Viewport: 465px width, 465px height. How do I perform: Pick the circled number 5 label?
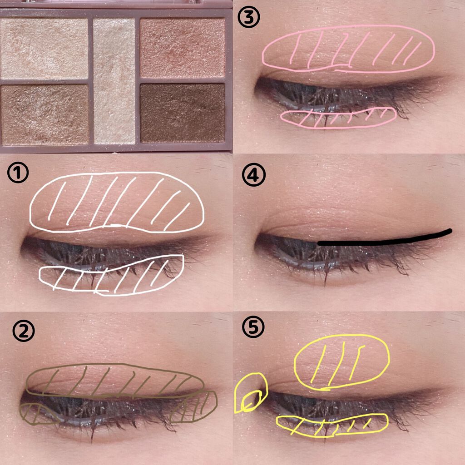point(253,327)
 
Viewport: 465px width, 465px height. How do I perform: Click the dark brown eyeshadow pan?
point(182,113)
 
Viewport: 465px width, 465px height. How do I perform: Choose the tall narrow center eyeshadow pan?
point(114,81)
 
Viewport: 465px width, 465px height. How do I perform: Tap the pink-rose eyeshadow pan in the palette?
point(183,48)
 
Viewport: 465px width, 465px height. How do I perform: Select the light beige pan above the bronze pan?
point(44,49)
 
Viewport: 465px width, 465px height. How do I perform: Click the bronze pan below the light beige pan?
point(45,115)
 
